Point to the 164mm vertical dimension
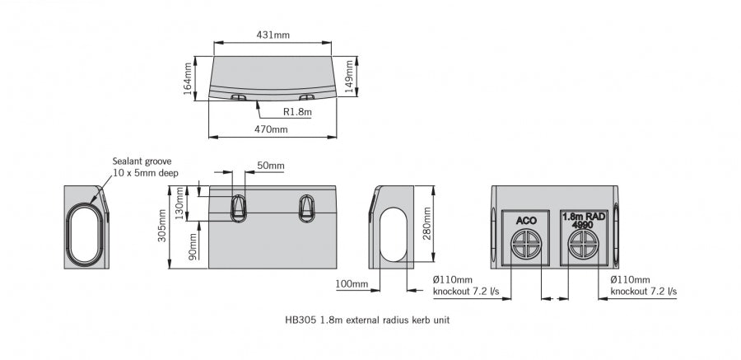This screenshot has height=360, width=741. coord(188,77)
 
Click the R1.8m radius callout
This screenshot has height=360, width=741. coord(296,111)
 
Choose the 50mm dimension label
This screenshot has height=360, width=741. coord(270,166)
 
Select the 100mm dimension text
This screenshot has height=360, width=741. coord(352,284)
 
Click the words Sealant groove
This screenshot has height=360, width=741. coord(142,161)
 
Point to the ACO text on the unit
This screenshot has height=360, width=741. coord(526,220)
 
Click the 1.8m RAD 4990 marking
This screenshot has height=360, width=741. coord(584,218)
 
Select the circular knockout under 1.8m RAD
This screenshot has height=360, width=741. coord(584,245)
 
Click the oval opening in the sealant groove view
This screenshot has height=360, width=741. coord(85,227)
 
